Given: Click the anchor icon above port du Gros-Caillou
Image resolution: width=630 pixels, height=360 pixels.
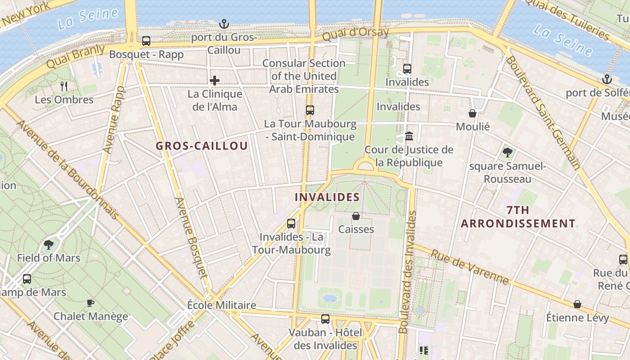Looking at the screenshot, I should [x=224, y=24].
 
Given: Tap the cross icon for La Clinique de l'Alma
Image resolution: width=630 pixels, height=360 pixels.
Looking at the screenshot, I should [x=215, y=81].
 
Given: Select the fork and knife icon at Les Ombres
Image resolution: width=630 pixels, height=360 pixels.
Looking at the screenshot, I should [x=64, y=86].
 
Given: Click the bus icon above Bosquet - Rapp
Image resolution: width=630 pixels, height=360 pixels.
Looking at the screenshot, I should [x=146, y=41].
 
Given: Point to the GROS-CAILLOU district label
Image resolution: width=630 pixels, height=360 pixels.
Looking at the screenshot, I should [x=202, y=146].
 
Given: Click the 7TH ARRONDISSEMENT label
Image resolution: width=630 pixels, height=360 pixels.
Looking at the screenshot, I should [x=518, y=217].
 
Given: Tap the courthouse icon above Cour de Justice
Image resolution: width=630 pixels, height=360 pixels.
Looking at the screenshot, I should [x=409, y=136].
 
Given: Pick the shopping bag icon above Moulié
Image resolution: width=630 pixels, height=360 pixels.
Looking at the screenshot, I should [x=472, y=113].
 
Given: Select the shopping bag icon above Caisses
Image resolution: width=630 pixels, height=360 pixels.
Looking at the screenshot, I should [x=356, y=216].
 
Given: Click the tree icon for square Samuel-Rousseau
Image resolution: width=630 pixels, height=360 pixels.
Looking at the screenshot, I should [x=508, y=153].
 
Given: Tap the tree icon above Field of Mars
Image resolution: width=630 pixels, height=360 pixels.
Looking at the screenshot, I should [x=49, y=245].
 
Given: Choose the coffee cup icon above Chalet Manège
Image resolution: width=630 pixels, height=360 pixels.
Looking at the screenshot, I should [x=90, y=303].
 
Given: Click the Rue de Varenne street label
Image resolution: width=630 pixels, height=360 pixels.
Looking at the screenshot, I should [x=470, y=267].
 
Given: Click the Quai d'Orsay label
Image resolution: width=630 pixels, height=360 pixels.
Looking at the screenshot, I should [x=355, y=33].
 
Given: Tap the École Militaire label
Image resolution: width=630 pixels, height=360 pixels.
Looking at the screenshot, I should [x=221, y=305].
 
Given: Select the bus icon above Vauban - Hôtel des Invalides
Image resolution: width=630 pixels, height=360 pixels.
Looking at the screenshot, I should [x=325, y=319].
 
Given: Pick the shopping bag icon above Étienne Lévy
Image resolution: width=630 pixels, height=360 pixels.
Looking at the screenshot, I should [x=577, y=305].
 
